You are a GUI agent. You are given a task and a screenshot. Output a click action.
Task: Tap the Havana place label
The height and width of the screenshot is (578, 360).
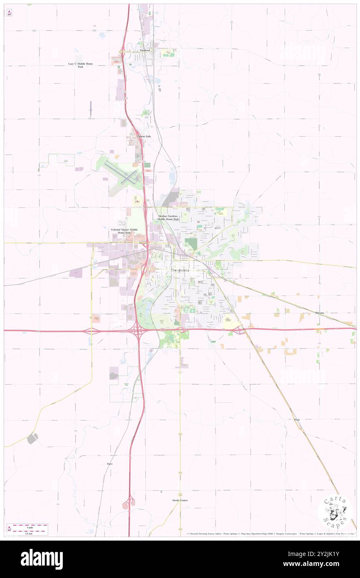click(x=320, y=312)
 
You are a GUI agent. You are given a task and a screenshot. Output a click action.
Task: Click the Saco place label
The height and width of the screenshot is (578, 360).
click(x=110, y=463)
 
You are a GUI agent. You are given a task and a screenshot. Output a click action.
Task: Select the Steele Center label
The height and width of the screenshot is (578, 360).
click(x=180, y=500)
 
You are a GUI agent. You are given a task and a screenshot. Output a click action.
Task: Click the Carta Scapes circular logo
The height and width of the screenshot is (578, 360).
click(x=335, y=513)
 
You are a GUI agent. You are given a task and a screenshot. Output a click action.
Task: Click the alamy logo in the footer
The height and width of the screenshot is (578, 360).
click(x=42, y=559)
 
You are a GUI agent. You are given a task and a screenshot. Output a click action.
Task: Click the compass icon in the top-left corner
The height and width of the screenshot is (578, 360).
click(x=9, y=13)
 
